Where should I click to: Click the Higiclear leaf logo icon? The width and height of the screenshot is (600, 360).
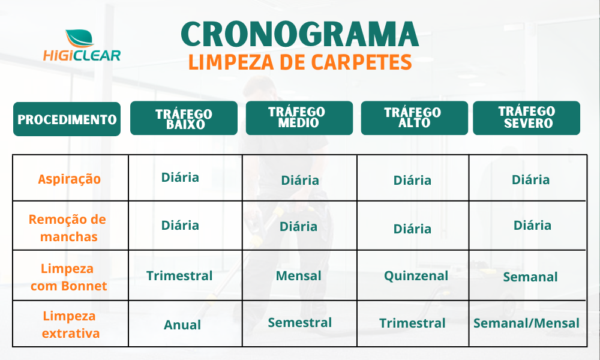pyautogui.click(x=79, y=38)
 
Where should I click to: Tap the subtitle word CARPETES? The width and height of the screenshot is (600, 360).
pyautogui.click(x=361, y=62)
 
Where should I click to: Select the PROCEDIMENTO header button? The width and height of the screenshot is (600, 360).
pyautogui.click(x=67, y=119)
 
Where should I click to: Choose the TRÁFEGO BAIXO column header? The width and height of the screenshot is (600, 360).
pyautogui.click(x=184, y=118)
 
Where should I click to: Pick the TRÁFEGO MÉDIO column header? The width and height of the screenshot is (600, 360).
pyautogui.click(x=299, y=118)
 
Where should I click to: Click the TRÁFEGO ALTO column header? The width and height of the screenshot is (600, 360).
pyautogui.click(x=415, y=118)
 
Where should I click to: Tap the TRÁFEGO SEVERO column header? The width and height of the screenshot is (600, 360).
pyautogui.click(x=527, y=118)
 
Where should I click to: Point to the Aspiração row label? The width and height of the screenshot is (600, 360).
pyautogui.click(x=69, y=179)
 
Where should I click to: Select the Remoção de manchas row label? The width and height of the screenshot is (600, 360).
pyautogui.click(x=68, y=228)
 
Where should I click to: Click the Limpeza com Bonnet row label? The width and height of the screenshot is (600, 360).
pyautogui.click(x=68, y=277)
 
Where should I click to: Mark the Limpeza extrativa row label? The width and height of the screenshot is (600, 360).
pyautogui.click(x=70, y=325)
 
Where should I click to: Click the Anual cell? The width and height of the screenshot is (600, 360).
pyautogui.click(x=182, y=325)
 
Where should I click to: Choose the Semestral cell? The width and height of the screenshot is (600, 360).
pyautogui.click(x=299, y=323)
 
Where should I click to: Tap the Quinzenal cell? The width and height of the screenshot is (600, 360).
pyautogui.click(x=416, y=276)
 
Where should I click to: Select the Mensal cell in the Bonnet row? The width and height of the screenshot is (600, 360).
pyautogui.click(x=298, y=276)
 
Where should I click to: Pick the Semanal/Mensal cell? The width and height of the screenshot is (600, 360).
pyautogui.click(x=527, y=323)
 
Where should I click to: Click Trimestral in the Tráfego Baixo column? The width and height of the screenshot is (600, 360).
pyautogui.click(x=179, y=276)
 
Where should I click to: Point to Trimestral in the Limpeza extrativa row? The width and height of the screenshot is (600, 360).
pyautogui.click(x=413, y=323)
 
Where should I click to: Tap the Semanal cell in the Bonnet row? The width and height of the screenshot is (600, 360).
pyautogui.click(x=530, y=277)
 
